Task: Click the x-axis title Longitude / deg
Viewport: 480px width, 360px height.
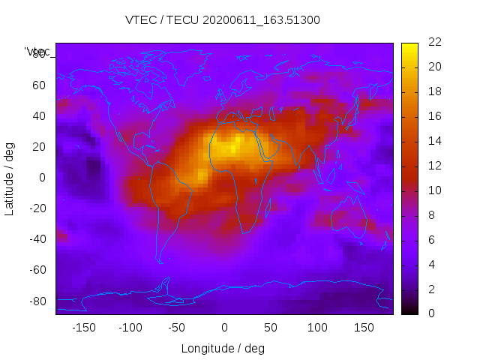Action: click(223, 348)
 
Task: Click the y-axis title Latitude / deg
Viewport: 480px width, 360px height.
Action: click(10, 177)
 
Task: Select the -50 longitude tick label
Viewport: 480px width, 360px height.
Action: click(177, 328)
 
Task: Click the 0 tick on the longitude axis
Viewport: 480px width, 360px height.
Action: click(224, 328)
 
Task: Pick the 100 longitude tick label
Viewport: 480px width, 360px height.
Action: click(317, 328)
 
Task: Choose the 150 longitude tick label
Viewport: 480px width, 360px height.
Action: click(364, 328)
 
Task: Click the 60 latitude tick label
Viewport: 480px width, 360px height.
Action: click(39, 85)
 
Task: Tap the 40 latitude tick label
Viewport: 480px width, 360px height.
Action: click(39, 115)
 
